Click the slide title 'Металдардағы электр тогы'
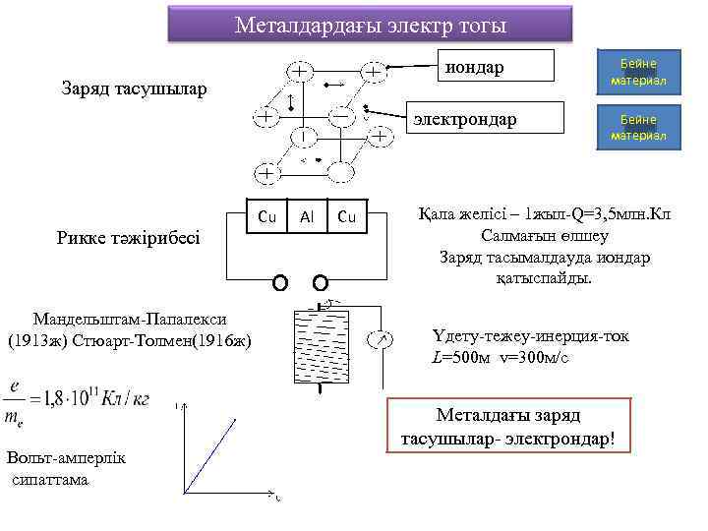[x=370, y=25]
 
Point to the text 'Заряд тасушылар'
[x=134, y=89]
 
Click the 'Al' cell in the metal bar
[x=307, y=216]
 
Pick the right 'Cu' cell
[x=346, y=216]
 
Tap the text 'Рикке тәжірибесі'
[x=129, y=237]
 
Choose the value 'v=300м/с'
[x=533, y=356]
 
